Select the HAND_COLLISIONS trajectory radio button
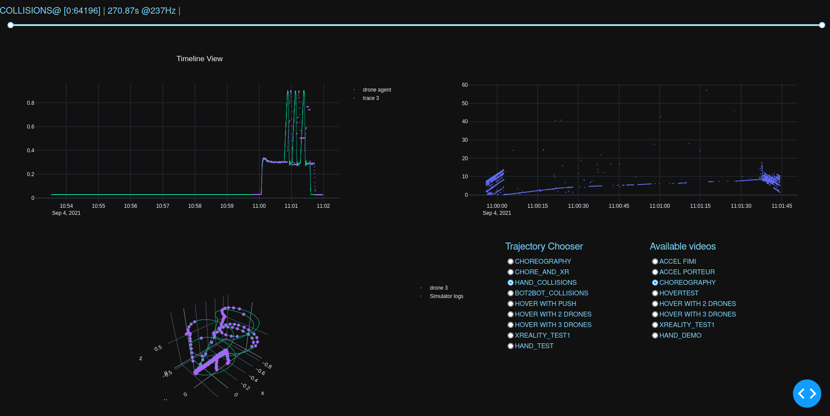(x=511, y=283)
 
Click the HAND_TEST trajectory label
(x=534, y=346)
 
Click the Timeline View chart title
(x=200, y=59)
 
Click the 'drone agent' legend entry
(x=377, y=90)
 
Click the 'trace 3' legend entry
(x=371, y=98)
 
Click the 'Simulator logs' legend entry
(x=446, y=296)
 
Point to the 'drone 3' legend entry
(x=438, y=288)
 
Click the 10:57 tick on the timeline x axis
(x=163, y=206)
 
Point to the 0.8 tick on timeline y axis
(x=30, y=103)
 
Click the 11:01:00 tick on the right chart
(x=660, y=206)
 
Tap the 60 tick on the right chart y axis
(x=465, y=85)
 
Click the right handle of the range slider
(x=822, y=25)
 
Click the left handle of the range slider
(x=11, y=25)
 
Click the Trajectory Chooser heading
(x=544, y=247)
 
